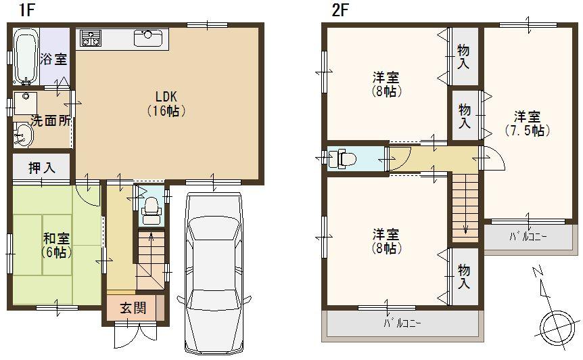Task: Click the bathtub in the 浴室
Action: [24, 54]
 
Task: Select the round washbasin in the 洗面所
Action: [23, 134]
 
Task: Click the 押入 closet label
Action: [41, 168]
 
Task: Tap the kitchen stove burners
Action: [89, 39]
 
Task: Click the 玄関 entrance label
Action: [133, 308]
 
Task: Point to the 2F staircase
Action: [464, 206]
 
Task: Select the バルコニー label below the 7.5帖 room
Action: [527, 237]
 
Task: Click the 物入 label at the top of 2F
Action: [464, 56]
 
